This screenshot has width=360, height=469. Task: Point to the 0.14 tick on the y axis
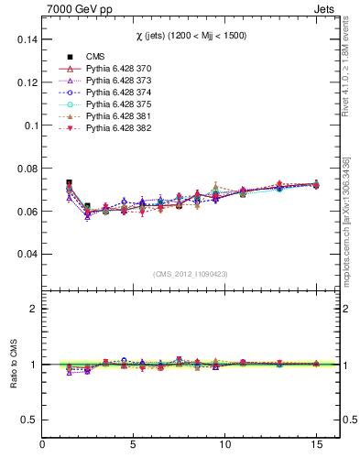26,40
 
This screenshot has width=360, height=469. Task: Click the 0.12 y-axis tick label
26,83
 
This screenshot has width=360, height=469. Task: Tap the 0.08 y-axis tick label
26,169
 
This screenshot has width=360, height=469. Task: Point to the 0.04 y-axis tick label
26,254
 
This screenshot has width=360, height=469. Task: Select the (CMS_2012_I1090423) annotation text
191,274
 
